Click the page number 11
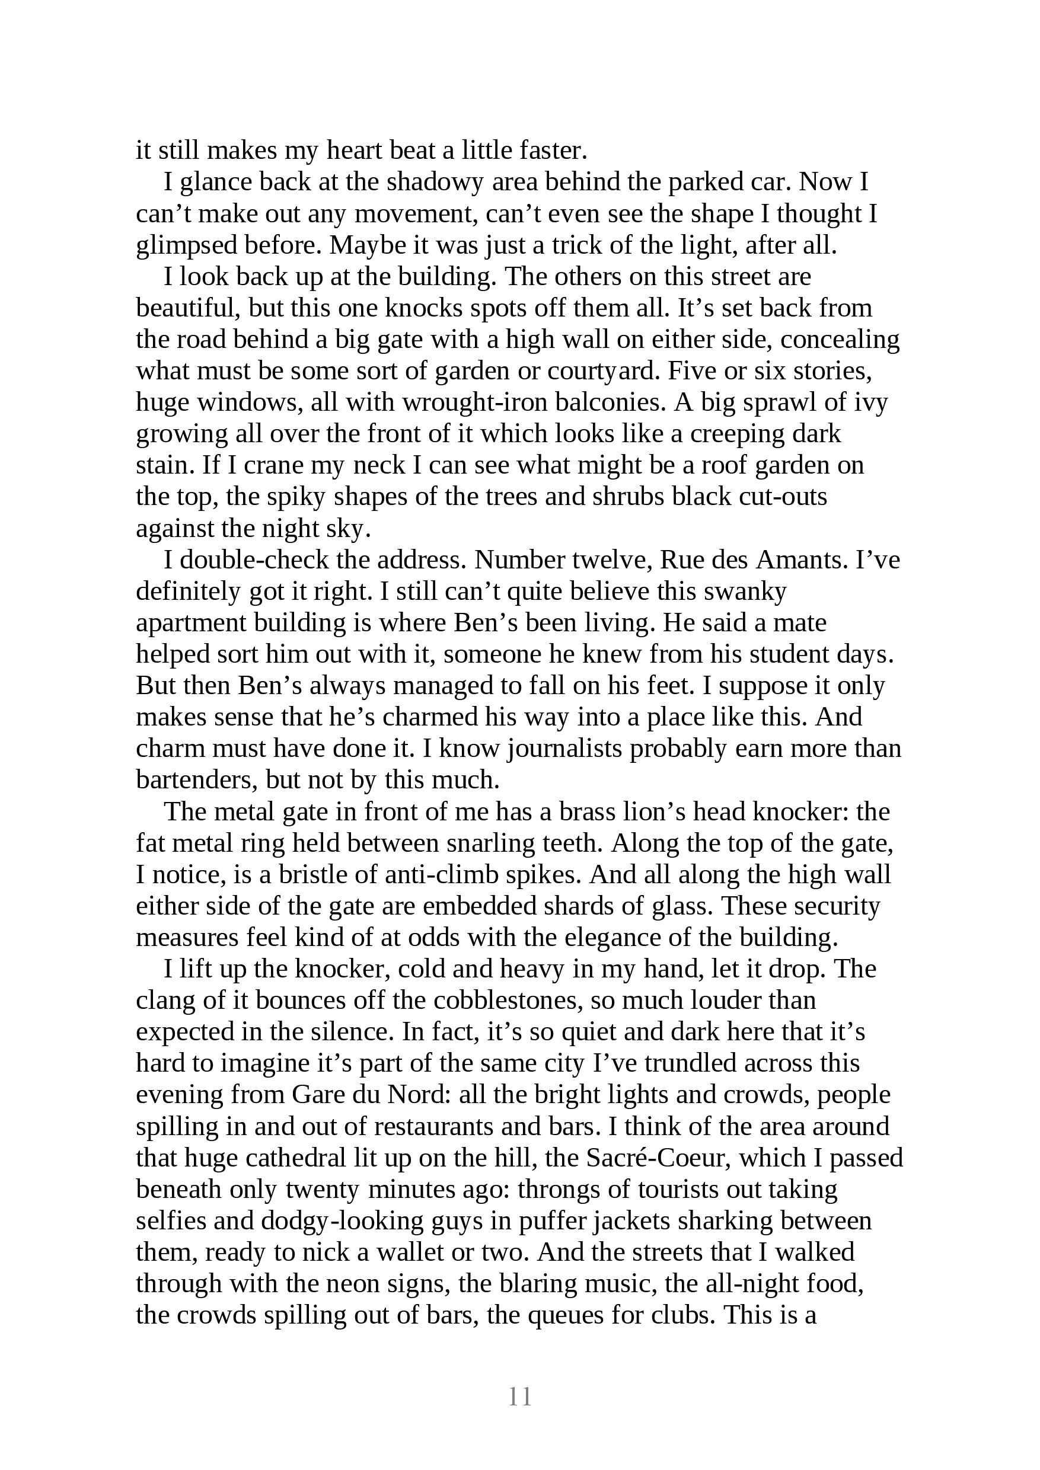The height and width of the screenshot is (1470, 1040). [x=519, y=1396]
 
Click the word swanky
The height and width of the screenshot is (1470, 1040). [x=745, y=592]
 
